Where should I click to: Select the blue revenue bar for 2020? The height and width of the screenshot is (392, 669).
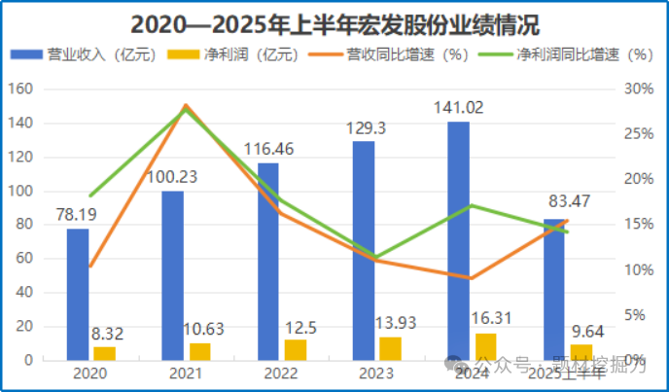point(78,294)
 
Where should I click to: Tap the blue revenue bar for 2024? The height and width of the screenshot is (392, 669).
point(458,240)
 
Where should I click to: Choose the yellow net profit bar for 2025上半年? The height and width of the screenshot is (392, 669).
point(581,352)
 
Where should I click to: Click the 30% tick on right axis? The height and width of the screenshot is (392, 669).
point(638,89)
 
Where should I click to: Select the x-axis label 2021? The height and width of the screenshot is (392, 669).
point(185,373)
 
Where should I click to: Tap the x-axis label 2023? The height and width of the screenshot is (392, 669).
point(375,373)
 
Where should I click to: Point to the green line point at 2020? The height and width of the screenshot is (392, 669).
point(89,196)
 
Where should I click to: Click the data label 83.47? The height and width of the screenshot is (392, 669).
point(568,202)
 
